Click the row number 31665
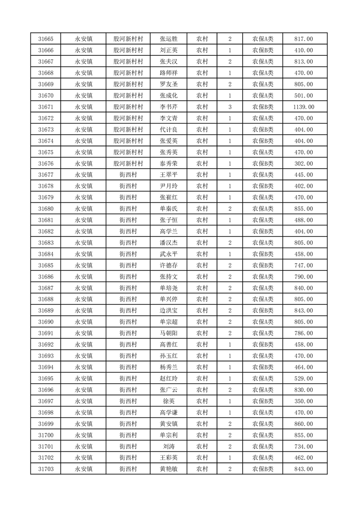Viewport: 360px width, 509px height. tap(46, 39)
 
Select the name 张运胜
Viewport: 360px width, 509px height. tap(169, 39)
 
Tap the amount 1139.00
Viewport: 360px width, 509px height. tap(304, 107)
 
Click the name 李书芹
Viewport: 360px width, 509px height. tap(169, 107)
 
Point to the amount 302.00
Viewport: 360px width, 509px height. tap(304, 164)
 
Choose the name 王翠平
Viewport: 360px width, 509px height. tap(169, 175)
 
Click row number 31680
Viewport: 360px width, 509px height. tap(46, 209)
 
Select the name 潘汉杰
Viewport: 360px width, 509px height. tap(169, 243)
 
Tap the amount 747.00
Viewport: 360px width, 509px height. tap(304, 265)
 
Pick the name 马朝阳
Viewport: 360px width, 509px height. tap(169, 333)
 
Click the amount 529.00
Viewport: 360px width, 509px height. tap(304, 379)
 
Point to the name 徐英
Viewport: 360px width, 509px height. tap(169, 401)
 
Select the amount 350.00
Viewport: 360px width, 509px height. tap(304, 401)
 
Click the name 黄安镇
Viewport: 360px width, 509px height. tap(169, 424)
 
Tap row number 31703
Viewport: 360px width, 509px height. tap(46, 469)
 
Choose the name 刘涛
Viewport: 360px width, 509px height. tap(169, 446)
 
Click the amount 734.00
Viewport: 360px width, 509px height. tap(304, 446)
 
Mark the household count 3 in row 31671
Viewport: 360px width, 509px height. tap(230, 107)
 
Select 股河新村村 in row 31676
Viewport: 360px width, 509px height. tap(128, 164)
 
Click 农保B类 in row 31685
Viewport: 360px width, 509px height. tap(263, 265)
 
